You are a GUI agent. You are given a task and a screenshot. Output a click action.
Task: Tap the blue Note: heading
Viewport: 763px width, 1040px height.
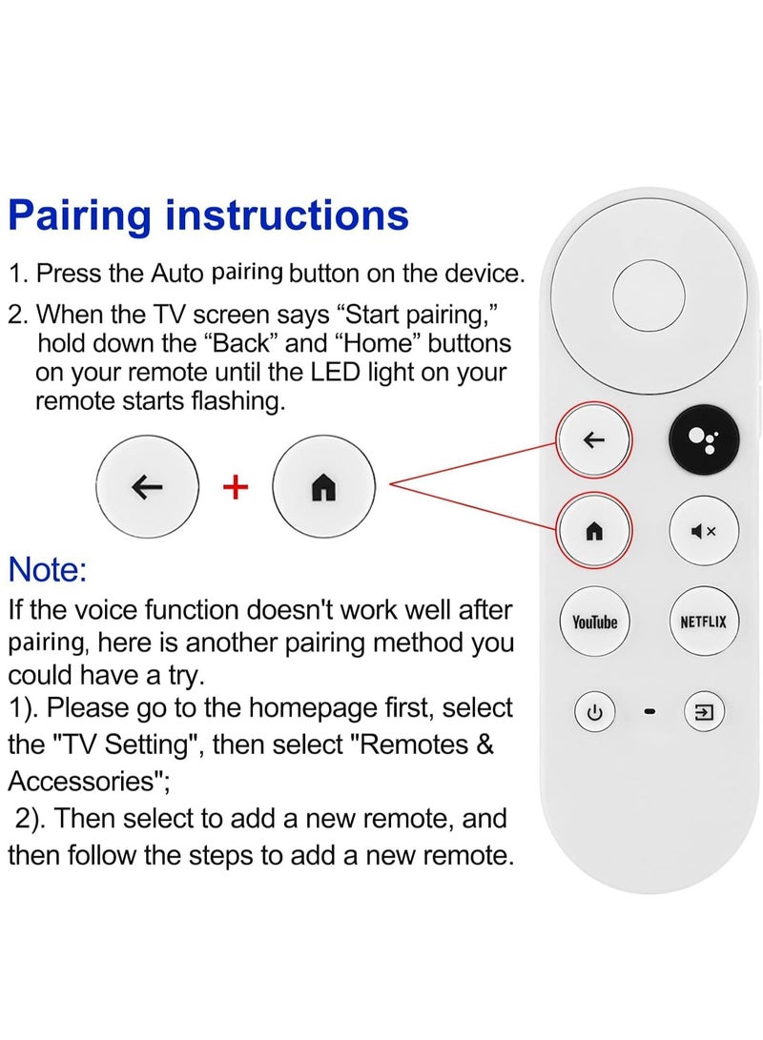tap(48, 570)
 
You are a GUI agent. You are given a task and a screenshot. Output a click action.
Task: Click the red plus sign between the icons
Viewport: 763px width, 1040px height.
tap(236, 487)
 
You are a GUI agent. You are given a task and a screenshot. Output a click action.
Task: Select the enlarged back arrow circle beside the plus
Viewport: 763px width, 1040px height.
tap(147, 488)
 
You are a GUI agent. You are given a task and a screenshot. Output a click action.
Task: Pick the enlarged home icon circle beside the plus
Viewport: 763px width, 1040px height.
tap(324, 488)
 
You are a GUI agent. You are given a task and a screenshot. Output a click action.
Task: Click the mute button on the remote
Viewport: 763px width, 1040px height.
tap(703, 531)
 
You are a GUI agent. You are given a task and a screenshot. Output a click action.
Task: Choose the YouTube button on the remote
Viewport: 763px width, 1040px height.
tap(594, 622)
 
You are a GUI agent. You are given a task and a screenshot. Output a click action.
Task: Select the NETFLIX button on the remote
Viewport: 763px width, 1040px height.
tap(703, 622)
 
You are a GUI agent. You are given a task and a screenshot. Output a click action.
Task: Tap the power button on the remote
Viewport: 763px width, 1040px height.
tap(594, 712)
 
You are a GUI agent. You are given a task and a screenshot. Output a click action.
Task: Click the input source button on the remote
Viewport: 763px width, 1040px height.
tap(705, 712)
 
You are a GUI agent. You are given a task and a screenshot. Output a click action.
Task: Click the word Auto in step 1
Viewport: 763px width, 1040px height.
tap(177, 275)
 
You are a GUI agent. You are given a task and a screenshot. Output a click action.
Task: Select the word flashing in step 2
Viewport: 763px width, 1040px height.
tap(238, 401)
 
